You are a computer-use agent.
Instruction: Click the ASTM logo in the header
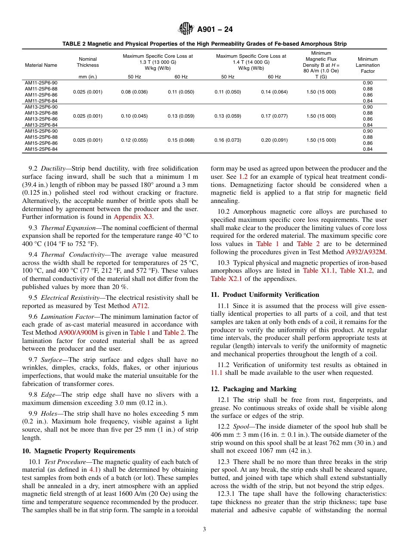point(186,29)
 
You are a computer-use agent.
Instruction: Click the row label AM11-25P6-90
point(41,82)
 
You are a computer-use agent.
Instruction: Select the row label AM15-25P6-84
point(41,149)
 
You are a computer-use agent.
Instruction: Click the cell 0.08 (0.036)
point(134,92)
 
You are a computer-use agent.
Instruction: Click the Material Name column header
point(41,65)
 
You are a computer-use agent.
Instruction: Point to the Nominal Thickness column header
point(88,62)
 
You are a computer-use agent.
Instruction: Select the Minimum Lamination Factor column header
point(368,65)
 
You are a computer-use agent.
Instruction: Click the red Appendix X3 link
point(133,217)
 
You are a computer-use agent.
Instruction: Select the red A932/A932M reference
point(366,252)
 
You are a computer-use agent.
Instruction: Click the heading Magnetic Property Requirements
point(85,451)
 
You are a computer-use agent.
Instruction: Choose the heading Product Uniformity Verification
point(271,295)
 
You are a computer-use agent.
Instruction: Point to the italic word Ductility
point(53,168)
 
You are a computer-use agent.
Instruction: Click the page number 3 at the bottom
point(204,529)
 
